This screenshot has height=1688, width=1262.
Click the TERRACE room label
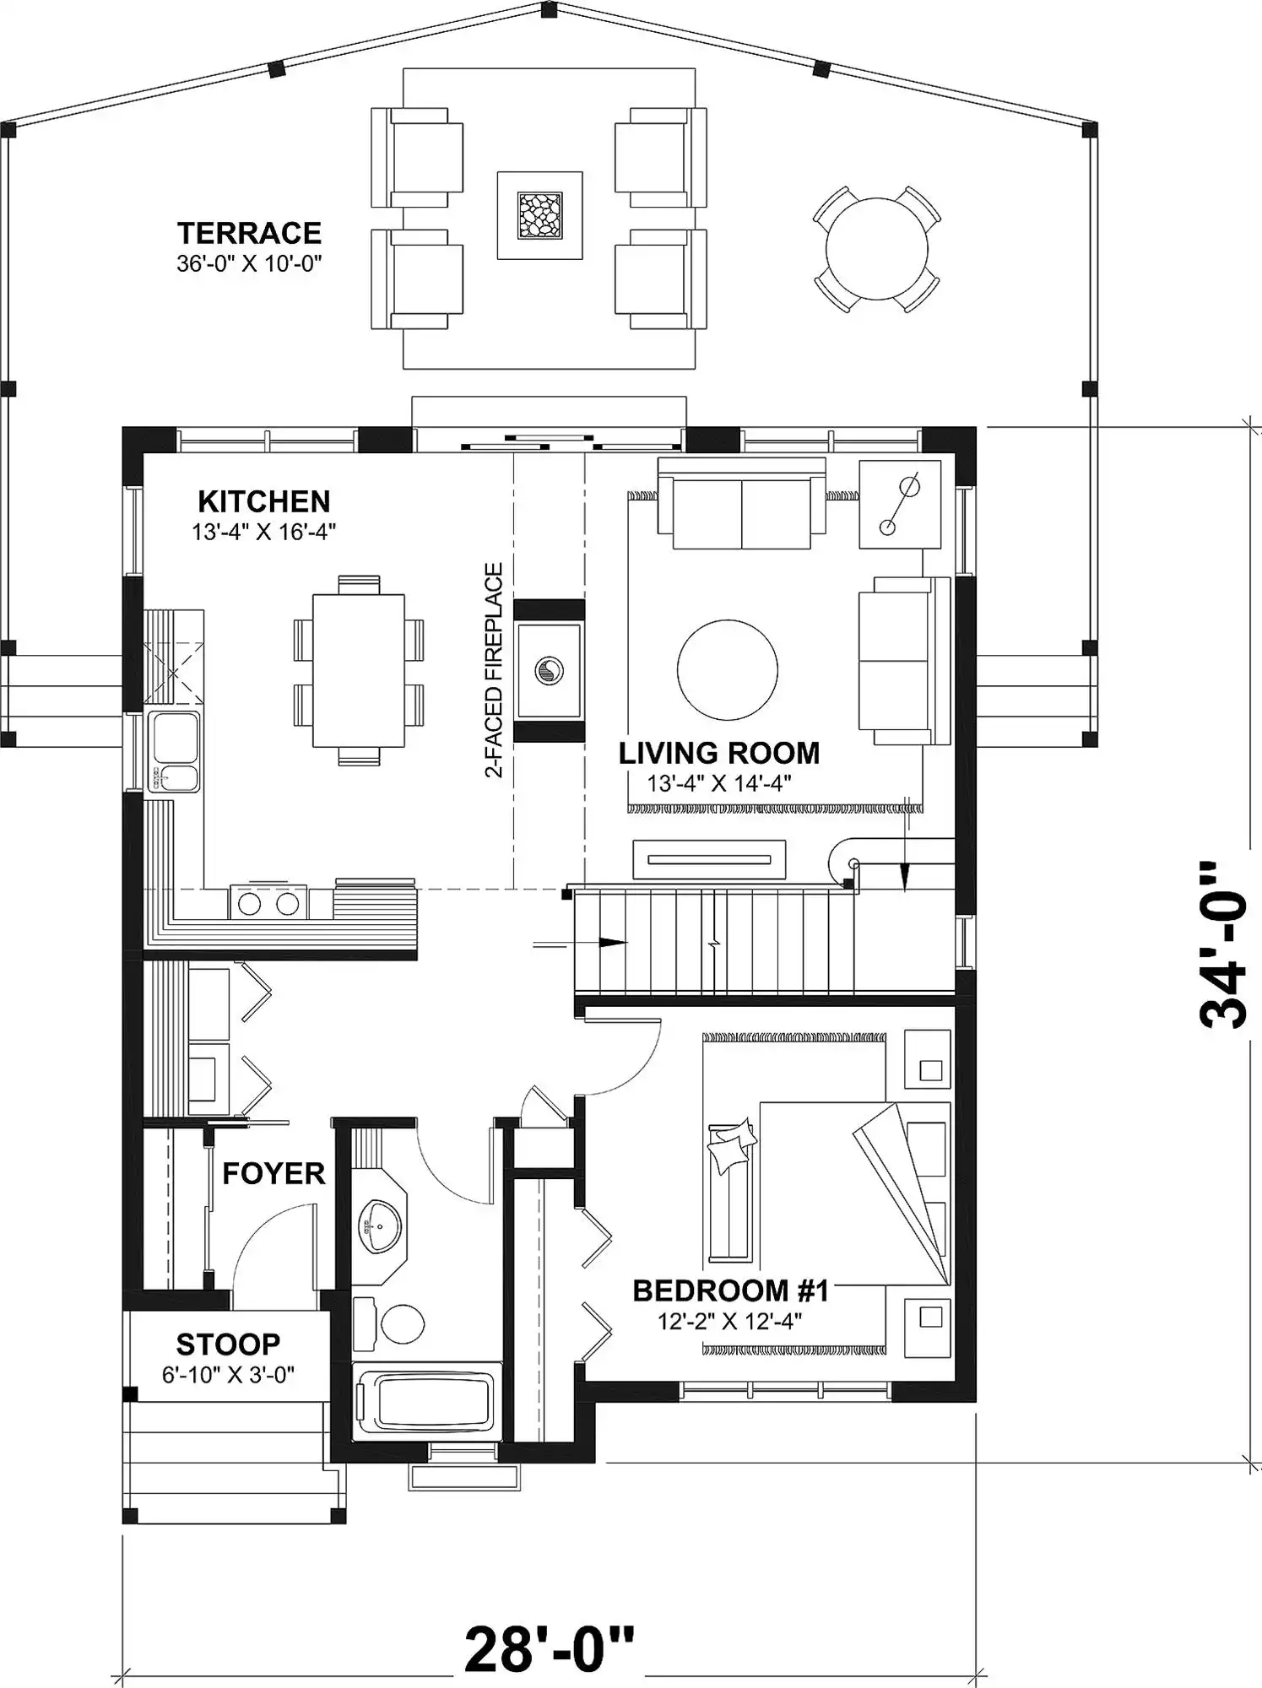[249, 233]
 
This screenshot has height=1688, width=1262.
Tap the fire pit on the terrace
[539, 215]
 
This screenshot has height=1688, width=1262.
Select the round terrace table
[876, 249]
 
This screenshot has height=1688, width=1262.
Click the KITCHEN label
[263, 501]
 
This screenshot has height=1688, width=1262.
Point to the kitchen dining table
[359, 671]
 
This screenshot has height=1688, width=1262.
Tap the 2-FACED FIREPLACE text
[494, 670]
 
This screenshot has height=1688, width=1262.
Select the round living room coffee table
[727, 669]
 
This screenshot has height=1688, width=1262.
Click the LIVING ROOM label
[719, 753]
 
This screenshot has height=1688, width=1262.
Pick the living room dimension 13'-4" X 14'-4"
[719, 783]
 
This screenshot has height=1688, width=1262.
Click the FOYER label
[274, 1173]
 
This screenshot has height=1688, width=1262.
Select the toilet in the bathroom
[390, 1322]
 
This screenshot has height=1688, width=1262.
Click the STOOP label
[228, 1343]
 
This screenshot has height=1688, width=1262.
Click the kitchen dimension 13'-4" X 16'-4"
[263, 532]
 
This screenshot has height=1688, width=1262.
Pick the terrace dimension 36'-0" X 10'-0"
[249, 263]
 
